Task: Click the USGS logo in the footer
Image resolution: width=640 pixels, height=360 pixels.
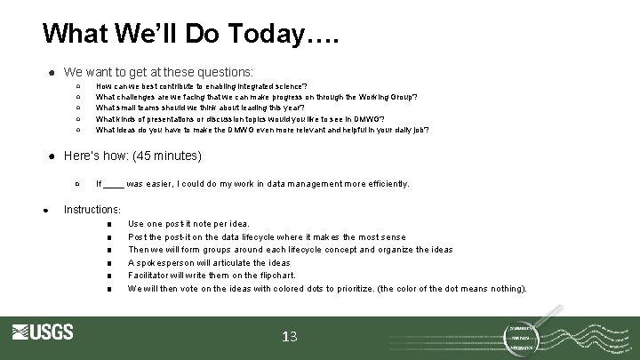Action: click(x=43, y=333)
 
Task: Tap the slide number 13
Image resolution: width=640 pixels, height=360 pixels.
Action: click(x=289, y=336)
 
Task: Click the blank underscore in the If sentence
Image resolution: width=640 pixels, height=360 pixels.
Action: click(x=114, y=184)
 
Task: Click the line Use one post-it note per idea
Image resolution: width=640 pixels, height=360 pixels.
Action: click(x=188, y=224)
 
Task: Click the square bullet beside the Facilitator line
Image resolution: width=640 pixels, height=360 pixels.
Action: click(x=108, y=276)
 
